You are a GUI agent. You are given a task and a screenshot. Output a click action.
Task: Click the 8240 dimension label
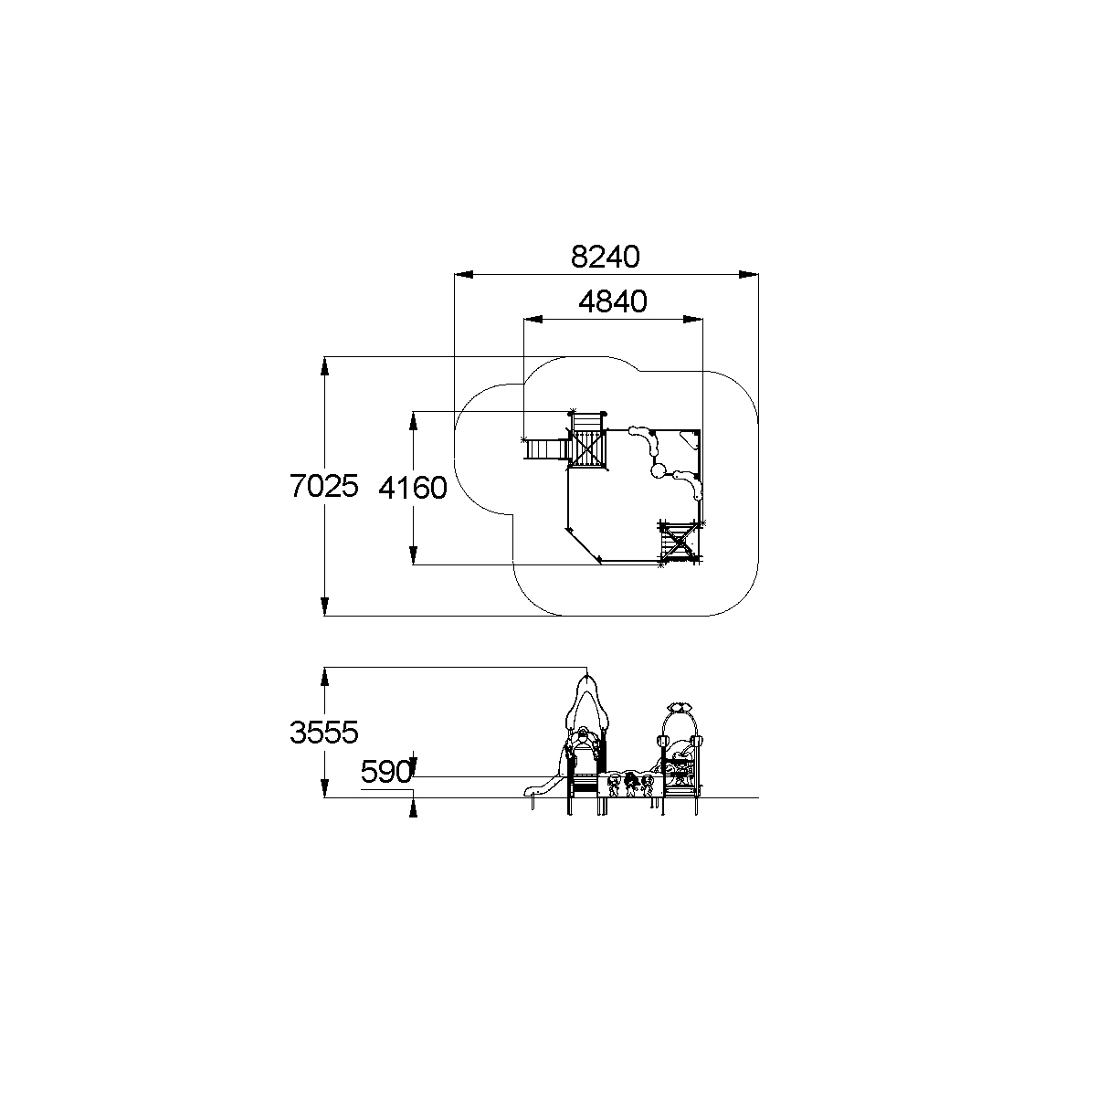(x=606, y=257)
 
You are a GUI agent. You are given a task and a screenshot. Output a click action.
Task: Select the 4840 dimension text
(x=613, y=301)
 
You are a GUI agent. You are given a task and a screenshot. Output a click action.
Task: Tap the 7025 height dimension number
(x=324, y=486)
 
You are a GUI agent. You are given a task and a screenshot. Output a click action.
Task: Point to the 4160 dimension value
(x=413, y=488)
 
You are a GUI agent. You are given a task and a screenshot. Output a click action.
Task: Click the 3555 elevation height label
(x=324, y=733)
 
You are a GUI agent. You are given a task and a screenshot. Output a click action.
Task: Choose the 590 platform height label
(x=386, y=773)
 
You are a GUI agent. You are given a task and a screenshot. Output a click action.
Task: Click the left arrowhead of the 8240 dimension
(x=464, y=275)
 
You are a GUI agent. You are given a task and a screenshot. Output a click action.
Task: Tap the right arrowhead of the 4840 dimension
(x=692, y=320)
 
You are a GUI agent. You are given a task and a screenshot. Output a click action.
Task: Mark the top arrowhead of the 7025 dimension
(x=324, y=366)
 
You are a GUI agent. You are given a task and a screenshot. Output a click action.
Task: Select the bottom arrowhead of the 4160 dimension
(x=413, y=555)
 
